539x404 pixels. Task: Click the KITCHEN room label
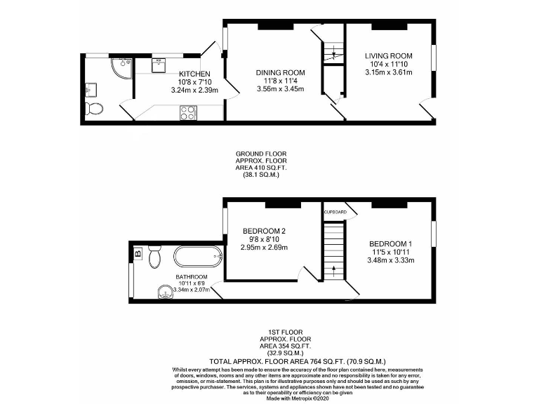(194, 74)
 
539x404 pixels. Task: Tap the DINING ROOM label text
(280, 72)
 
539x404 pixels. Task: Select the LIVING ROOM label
(388, 55)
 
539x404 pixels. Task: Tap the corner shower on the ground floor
(119, 67)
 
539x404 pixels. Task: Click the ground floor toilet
(93, 109)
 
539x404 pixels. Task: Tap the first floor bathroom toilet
(156, 259)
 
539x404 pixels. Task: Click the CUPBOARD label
(335, 212)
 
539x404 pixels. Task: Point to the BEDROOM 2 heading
(264, 231)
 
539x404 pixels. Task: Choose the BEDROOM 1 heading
(392, 243)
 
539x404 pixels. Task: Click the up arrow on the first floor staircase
(334, 269)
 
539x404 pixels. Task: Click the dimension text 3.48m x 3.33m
(392, 260)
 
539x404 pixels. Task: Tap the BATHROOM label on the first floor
(191, 277)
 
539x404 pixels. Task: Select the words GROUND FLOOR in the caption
(261, 154)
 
